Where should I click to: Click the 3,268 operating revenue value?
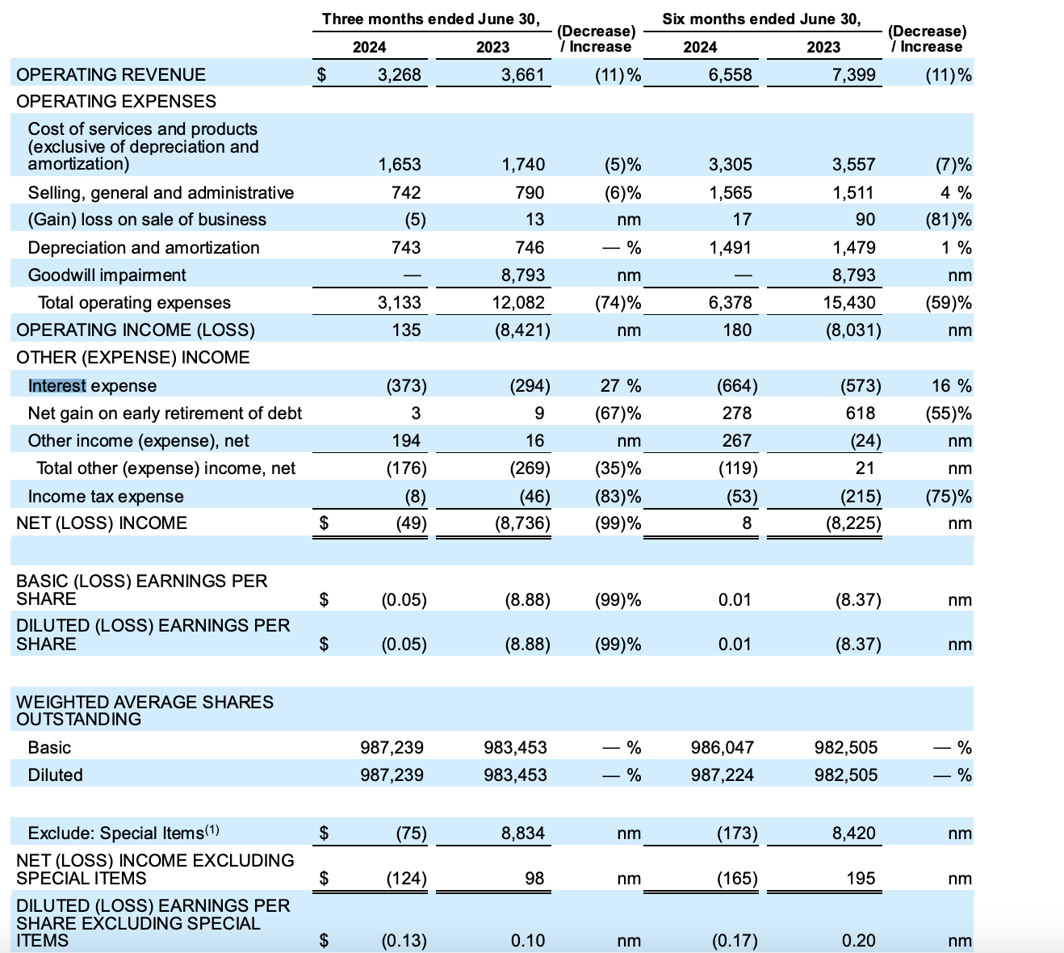[x=399, y=75]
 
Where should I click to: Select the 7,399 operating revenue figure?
[x=853, y=75]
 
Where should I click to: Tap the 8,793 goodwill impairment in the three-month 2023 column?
[x=522, y=275]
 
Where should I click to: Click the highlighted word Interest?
[x=57, y=386]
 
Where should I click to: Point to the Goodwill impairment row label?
[x=107, y=275]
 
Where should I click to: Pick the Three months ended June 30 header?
[x=430, y=19]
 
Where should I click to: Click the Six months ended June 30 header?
[x=761, y=19]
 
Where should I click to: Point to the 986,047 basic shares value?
[x=722, y=748]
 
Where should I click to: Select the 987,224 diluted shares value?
[x=722, y=775]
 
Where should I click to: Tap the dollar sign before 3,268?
[x=321, y=75]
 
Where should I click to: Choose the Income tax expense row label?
[x=106, y=497]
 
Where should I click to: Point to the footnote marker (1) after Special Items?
[x=212, y=829]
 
